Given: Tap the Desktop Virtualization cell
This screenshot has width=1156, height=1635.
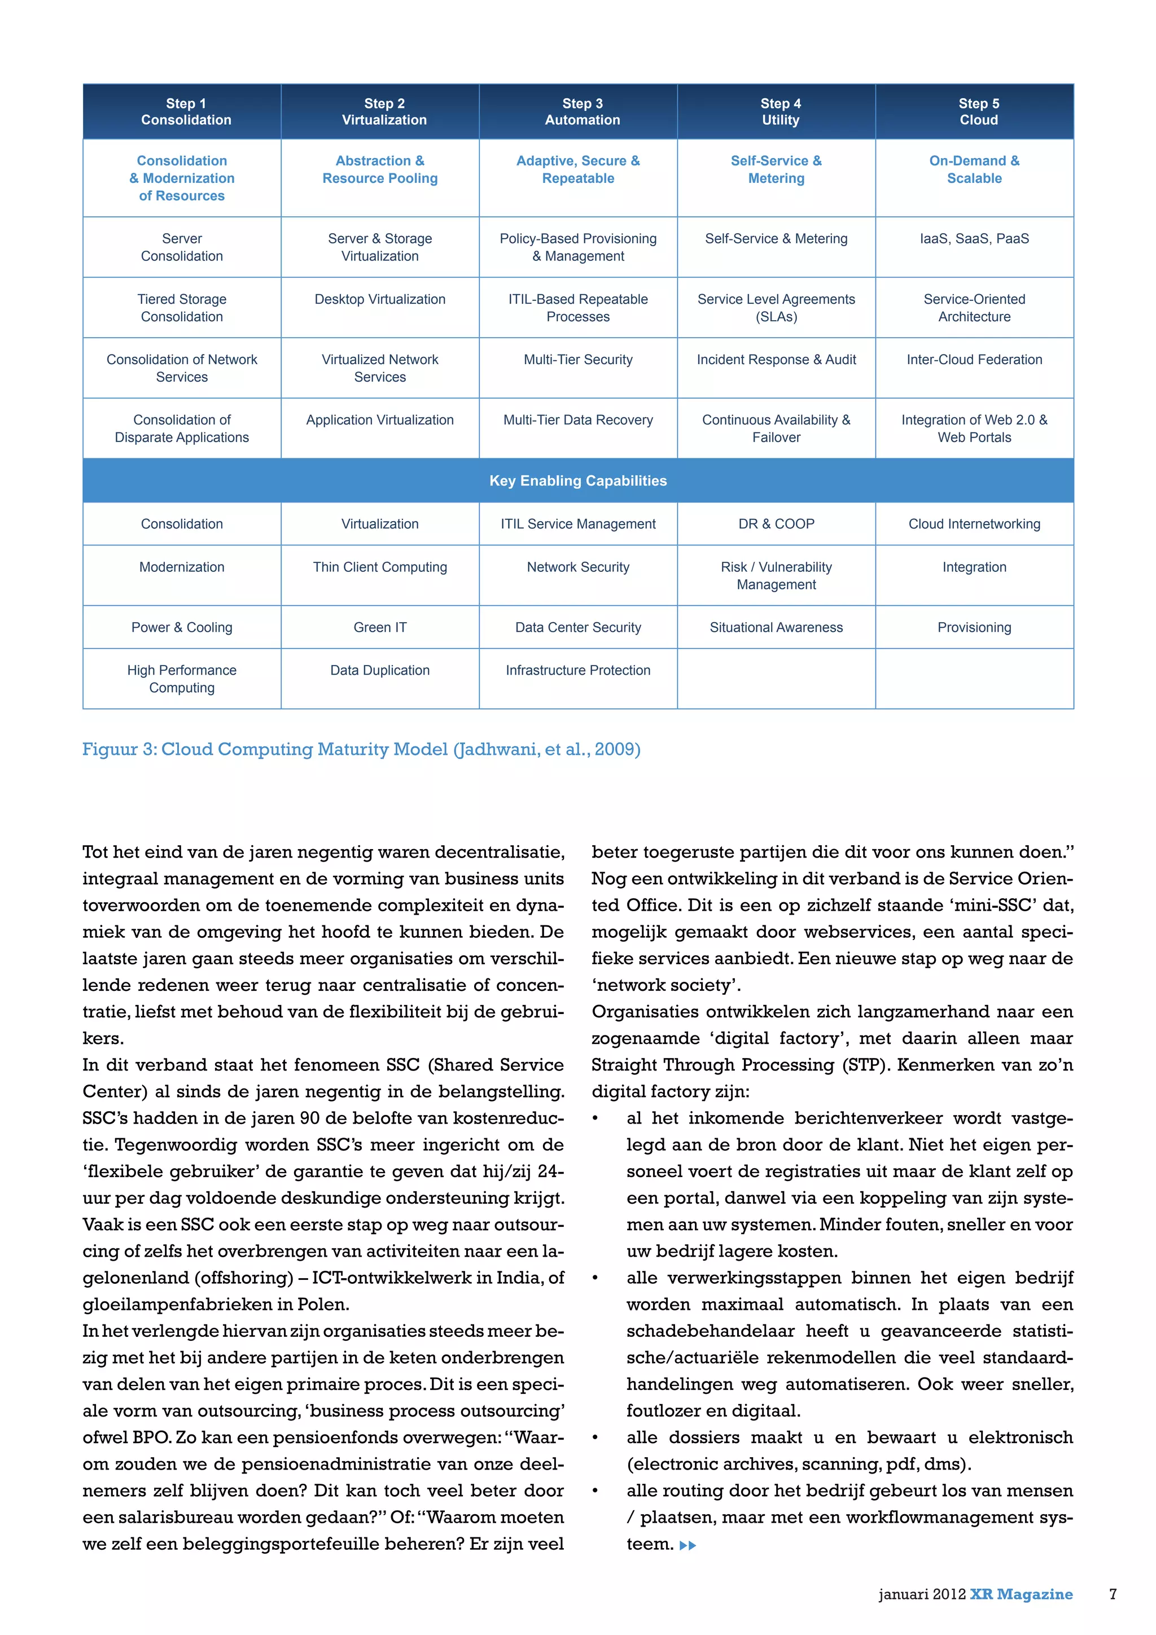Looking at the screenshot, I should pos(380,300).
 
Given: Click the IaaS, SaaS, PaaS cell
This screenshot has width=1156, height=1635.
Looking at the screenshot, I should pos(974,239).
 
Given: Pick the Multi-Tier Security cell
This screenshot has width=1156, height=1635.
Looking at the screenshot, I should pos(578,360).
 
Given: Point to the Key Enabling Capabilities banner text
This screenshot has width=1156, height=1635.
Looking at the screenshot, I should pos(578,480).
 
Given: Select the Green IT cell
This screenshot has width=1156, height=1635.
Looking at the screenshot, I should pos(380,627).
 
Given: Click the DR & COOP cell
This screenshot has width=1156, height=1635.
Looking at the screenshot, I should pos(776,524).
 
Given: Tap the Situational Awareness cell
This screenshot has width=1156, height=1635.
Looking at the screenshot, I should pos(776,627).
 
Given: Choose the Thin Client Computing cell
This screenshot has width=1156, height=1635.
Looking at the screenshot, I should pos(380,567).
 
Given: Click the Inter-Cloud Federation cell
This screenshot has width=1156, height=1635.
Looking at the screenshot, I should pos(974,360).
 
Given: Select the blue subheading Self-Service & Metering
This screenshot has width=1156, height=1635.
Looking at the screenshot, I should pos(776,169).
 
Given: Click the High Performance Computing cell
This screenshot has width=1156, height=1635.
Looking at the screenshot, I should pos(182,679).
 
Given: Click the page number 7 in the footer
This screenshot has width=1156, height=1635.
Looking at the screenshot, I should pos(1113,1594).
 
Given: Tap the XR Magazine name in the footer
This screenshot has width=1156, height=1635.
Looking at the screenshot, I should pos(1021,1594).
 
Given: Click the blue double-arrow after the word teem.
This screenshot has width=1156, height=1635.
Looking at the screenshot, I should pos(688,1545).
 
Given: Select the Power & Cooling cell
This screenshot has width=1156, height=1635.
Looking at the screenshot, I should pos(182,627).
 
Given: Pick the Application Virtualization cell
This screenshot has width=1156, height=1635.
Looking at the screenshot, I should pos(380,420).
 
